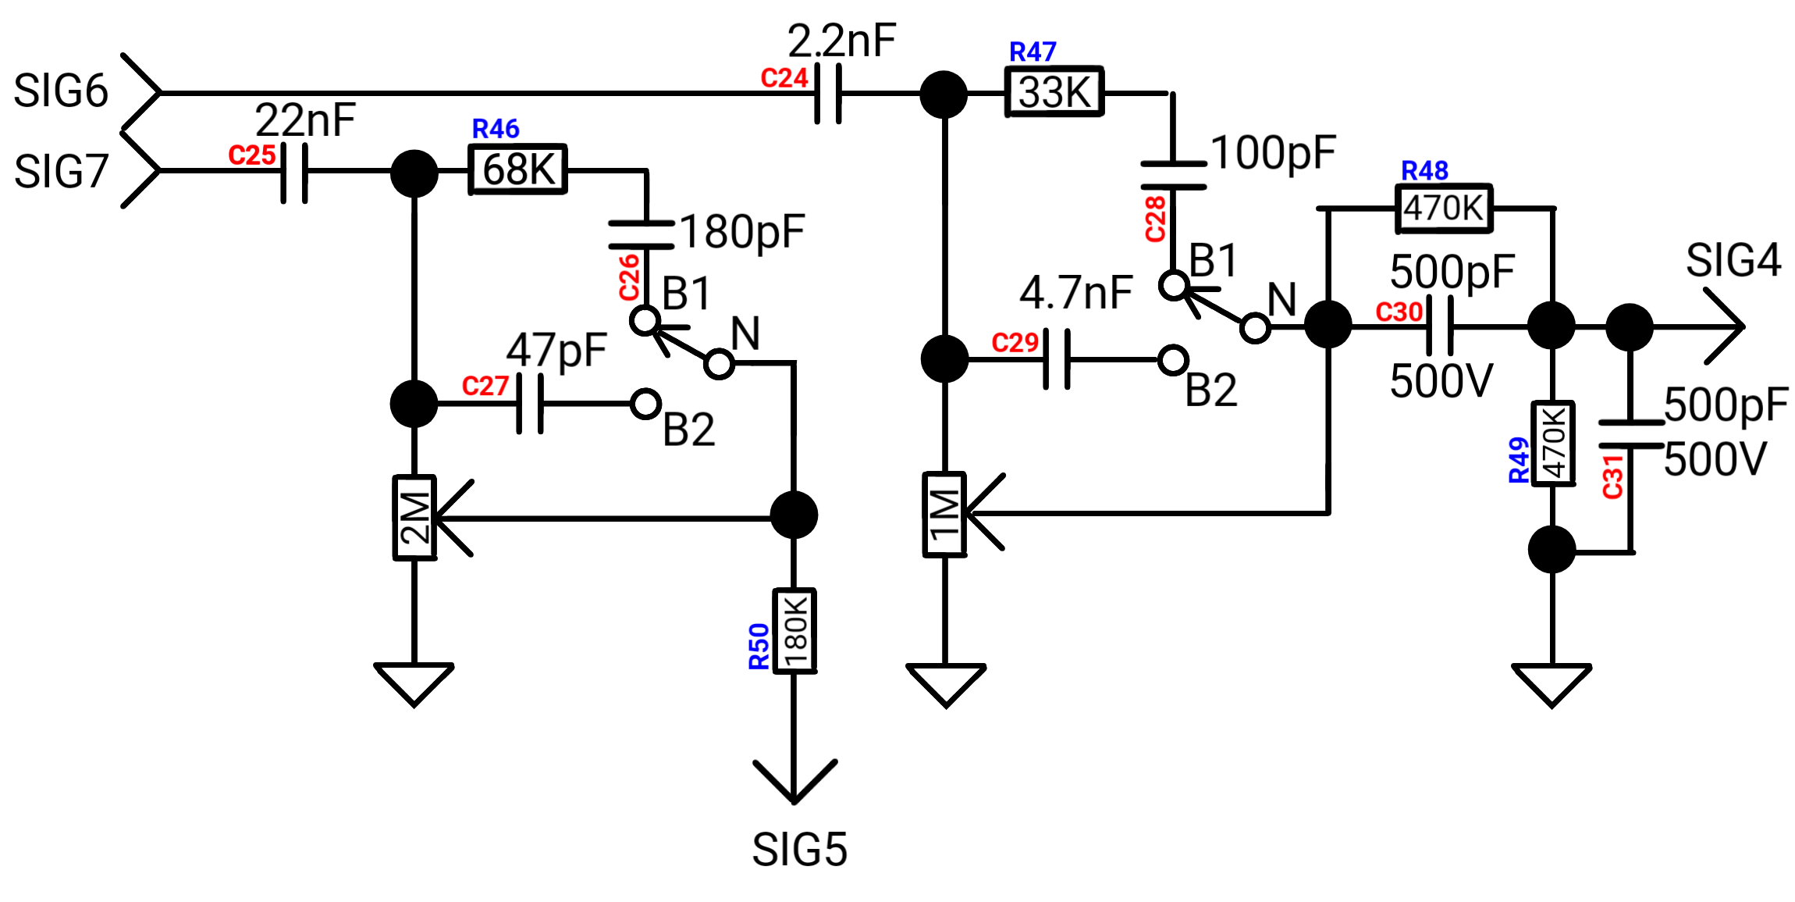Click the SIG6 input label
click(x=61, y=91)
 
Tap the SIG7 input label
click(x=61, y=172)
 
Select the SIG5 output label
click(x=799, y=850)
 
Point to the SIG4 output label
click(x=1733, y=260)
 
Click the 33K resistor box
click(x=1054, y=92)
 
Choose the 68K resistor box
click(x=518, y=169)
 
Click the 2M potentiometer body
click(x=414, y=518)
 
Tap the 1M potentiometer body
click(x=945, y=515)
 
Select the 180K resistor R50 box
click(x=794, y=631)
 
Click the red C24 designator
click(x=784, y=78)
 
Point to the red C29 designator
click(x=1015, y=343)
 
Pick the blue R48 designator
click(x=1425, y=170)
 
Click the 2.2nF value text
click(x=842, y=41)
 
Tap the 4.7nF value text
click(x=1076, y=293)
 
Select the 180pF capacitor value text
click(x=742, y=232)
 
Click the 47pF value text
click(x=556, y=349)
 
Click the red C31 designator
click(x=1613, y=476)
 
